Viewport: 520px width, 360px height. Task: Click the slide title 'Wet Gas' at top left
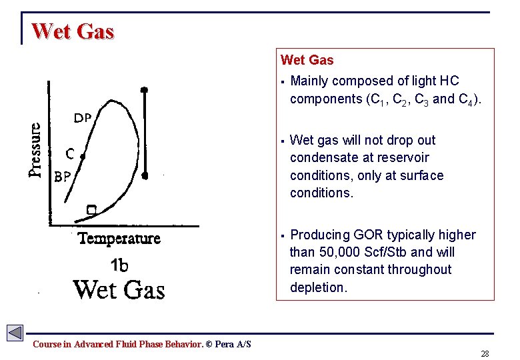point(73,31)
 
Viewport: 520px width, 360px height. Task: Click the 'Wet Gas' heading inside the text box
point(307,60)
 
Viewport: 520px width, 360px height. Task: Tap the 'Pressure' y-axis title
point(35,149)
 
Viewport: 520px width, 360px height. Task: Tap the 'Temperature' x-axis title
point(119,238)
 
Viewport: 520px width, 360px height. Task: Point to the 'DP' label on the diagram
point(82,119)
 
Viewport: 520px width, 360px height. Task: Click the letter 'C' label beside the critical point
point(69,153)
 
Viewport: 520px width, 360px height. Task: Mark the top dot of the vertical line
point(144,89)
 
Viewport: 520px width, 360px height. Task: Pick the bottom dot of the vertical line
point(145,176)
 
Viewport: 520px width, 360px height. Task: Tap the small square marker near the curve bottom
point(91,210)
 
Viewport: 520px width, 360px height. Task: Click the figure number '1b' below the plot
point(119,265)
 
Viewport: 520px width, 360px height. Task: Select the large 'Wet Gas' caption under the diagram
point(119,290)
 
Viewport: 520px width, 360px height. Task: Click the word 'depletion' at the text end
point(317,287)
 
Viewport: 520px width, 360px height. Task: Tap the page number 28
point(485,353)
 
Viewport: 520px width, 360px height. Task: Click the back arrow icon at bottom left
point(15,332)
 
